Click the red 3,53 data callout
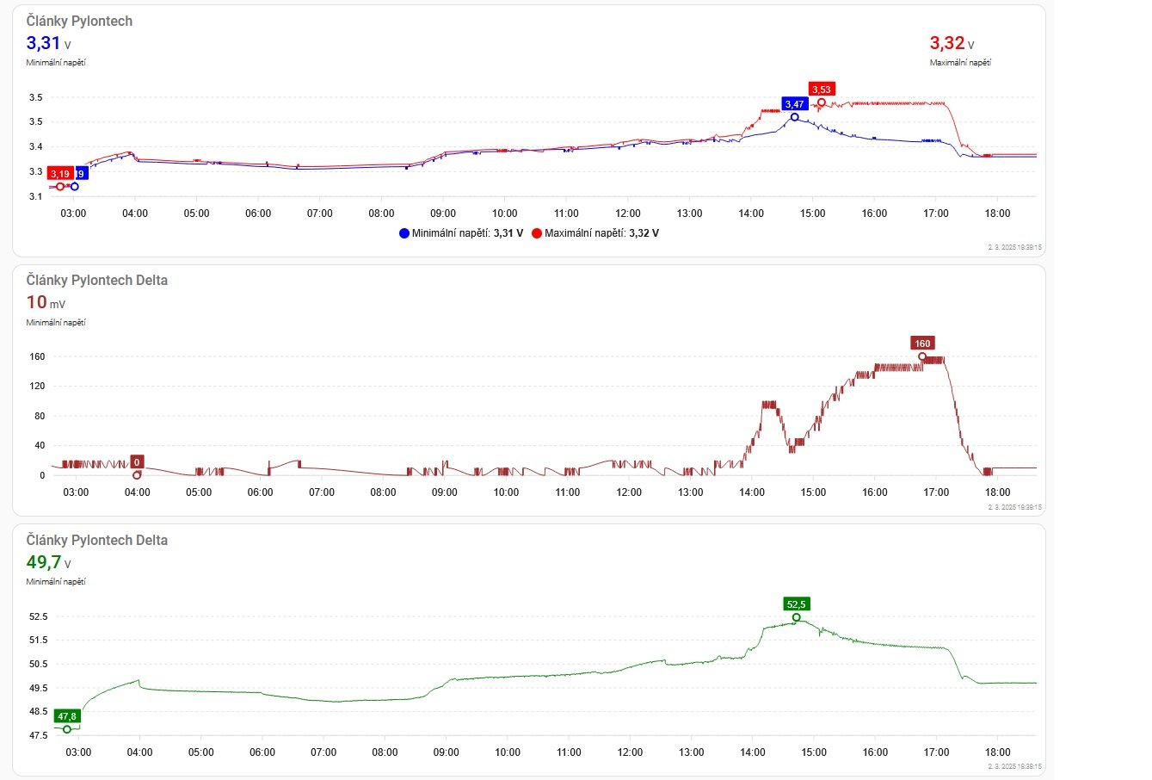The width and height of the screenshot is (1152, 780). point(822,90)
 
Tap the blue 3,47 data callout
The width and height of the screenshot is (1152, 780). point(794,104)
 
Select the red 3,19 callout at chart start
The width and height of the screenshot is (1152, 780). point(59,174)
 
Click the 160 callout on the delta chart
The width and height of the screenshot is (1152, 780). point(922,344)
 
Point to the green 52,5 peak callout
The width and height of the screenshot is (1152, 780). point(796,604)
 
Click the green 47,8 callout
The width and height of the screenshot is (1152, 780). point(66,716)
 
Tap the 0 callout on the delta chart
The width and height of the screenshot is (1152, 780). point(137,461)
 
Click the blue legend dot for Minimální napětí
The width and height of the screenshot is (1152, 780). point(404,233)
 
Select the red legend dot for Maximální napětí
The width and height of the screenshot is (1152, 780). point(537,233)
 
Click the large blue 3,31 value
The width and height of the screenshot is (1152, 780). point(43,43)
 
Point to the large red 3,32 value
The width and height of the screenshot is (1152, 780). point(946,43)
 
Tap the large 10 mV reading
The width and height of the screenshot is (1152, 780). point(36,302)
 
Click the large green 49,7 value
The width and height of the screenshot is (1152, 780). point(43,562)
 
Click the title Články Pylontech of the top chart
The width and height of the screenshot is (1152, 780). point(79,21)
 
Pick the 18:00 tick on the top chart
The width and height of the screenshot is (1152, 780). point(997,214)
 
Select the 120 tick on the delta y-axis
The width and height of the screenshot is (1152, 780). point(37,386)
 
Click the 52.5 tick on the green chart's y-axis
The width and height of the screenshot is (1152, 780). point(39,616)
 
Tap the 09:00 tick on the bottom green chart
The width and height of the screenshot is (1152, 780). point(446,752)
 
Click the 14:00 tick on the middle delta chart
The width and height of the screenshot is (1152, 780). point(752,492)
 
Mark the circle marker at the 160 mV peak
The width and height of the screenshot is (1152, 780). point(922,356)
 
